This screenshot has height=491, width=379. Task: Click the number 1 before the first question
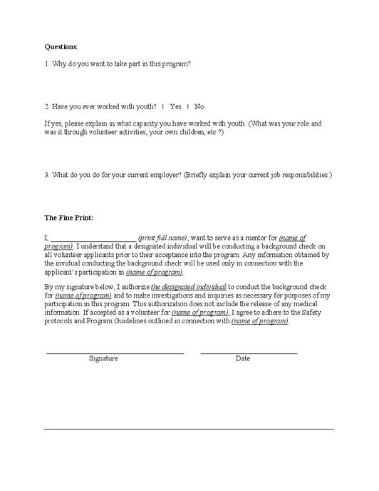tap(46, 64)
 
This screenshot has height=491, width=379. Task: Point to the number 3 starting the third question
tap(46, 175)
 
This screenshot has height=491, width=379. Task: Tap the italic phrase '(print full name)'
tap(162, 236)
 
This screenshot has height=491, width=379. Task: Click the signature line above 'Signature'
tap(115, 353)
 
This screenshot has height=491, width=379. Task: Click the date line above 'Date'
tap(249, 353)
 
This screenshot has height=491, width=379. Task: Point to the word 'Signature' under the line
tap(103, 358)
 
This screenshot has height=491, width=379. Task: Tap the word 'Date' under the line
tap(243, 358)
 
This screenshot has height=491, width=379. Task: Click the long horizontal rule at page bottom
tap(189, 428)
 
